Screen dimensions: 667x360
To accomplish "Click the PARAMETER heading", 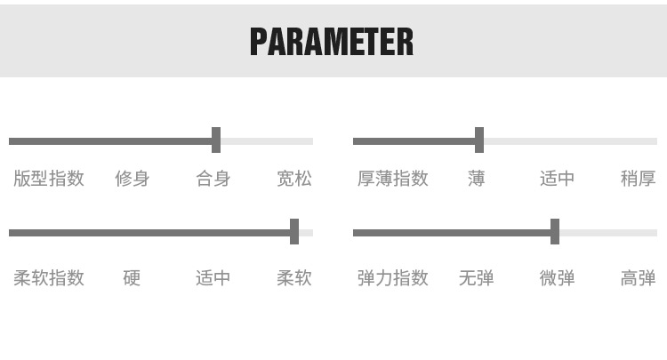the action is click(332, 41).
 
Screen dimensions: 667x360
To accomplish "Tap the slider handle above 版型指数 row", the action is click(216, 140).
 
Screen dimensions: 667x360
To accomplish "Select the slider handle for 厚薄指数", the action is click(479, 140).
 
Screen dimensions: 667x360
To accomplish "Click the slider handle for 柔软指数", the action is click(294, 232).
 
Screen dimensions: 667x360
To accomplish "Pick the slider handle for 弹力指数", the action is click(555, 232).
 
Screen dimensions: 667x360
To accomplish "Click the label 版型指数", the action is click(49, 179).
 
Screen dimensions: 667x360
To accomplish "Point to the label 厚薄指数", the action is click(393, 179).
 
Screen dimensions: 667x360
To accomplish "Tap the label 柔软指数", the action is click(49, 278).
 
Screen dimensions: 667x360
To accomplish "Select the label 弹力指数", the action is click(393, 278).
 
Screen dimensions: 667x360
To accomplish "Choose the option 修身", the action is click(132, 179).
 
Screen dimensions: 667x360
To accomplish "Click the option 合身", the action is click(213, 179).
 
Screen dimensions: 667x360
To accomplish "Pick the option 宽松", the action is click(294, 179).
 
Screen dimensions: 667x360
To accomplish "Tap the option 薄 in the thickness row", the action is click(477, 179).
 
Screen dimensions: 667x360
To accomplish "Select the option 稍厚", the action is click(638, 179).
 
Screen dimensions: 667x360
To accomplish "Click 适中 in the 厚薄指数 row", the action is click(558, 179).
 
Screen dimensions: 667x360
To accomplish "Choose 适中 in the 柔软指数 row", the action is click(213, 278).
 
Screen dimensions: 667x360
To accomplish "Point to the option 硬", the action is click(132, 278).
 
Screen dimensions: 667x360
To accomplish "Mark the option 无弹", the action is click(477, 278).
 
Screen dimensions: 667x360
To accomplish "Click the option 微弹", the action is click(558, 278).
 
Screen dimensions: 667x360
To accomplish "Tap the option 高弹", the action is click(638, 278).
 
